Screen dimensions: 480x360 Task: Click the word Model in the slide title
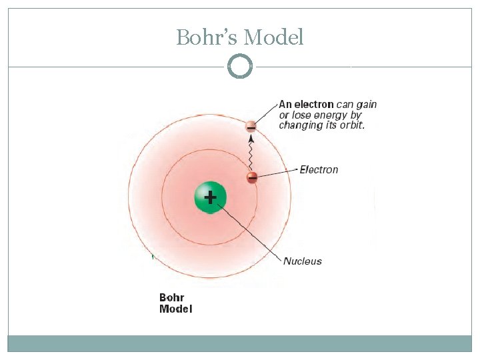tap(274, 37)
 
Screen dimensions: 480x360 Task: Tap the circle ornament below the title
tap(240, 67)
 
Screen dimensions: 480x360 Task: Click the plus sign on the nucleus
tap(211, 197)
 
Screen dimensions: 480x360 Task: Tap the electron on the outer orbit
tap(251, 125)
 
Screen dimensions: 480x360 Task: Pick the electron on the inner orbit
tap(252, 177)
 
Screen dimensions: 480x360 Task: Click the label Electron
tap(319, 170)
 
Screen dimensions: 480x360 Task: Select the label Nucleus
tap(303, 261)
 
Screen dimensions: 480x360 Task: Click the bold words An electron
tap(306, 104)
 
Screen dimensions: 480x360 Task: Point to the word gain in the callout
tap(366, 104)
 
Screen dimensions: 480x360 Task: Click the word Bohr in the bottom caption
tap(171, 297)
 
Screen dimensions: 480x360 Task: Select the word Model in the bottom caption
tap(175, 309)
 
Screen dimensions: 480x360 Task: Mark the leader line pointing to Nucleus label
tap(250, 231)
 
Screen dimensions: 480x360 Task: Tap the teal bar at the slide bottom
tap(240, 343)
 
